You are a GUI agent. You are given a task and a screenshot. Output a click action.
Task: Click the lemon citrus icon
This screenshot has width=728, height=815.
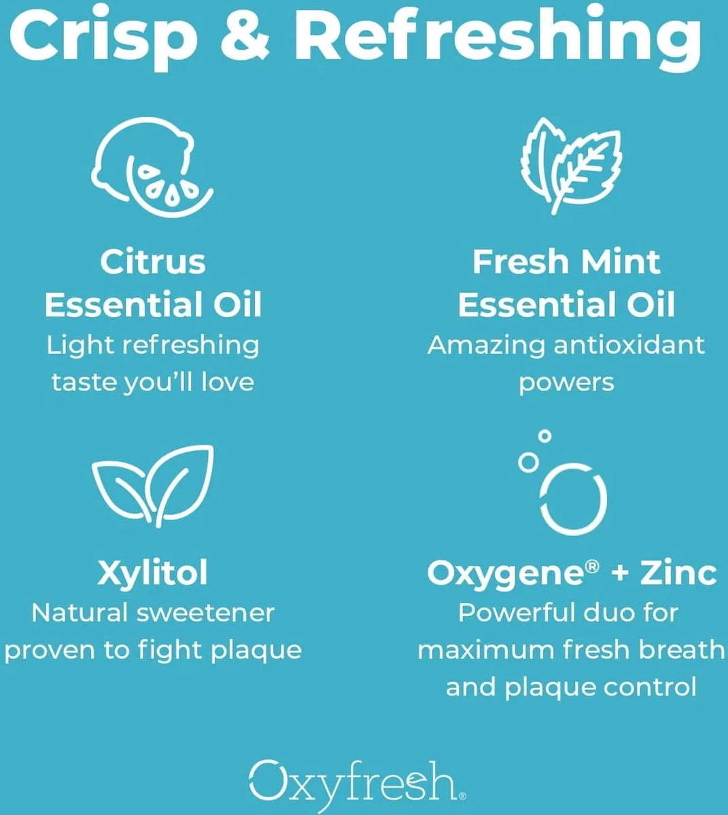[152, 167]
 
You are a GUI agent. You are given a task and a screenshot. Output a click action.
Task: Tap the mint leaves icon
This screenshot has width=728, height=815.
[571, 165]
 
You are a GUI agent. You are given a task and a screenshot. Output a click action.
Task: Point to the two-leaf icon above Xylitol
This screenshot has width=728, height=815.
[153, 486]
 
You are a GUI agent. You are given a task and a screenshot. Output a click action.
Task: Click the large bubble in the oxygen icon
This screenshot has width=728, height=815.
[574, 499]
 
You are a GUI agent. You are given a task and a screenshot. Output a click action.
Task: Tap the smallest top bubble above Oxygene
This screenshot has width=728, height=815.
[544, 436]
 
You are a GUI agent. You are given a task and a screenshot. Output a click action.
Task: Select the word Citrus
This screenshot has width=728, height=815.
[153, 262]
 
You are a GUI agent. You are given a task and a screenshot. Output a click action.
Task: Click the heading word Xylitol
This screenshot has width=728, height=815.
[153, 573]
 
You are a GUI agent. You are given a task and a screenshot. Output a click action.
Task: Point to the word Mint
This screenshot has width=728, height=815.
[621, 262]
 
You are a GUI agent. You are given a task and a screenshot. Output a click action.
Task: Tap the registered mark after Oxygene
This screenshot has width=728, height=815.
[592, 566]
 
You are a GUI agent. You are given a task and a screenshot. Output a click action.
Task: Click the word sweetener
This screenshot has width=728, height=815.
[206, 613]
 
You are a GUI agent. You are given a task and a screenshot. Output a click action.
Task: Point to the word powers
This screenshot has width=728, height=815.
[566, 383]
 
